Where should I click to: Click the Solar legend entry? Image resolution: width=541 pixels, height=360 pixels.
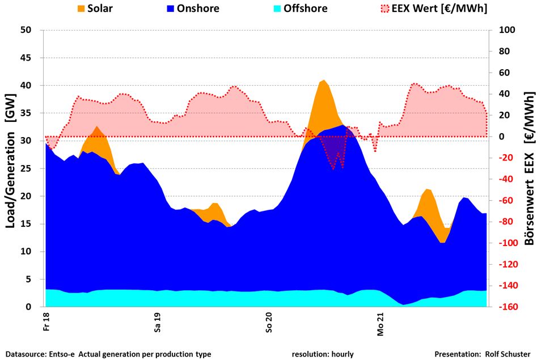[x=99, y=9]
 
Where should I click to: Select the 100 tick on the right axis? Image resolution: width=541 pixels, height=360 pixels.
[x=505, y=30]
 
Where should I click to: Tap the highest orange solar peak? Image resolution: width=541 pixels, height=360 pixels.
[x=323, y=82]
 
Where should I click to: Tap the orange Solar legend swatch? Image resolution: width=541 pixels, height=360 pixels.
[x=81, y=9]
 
